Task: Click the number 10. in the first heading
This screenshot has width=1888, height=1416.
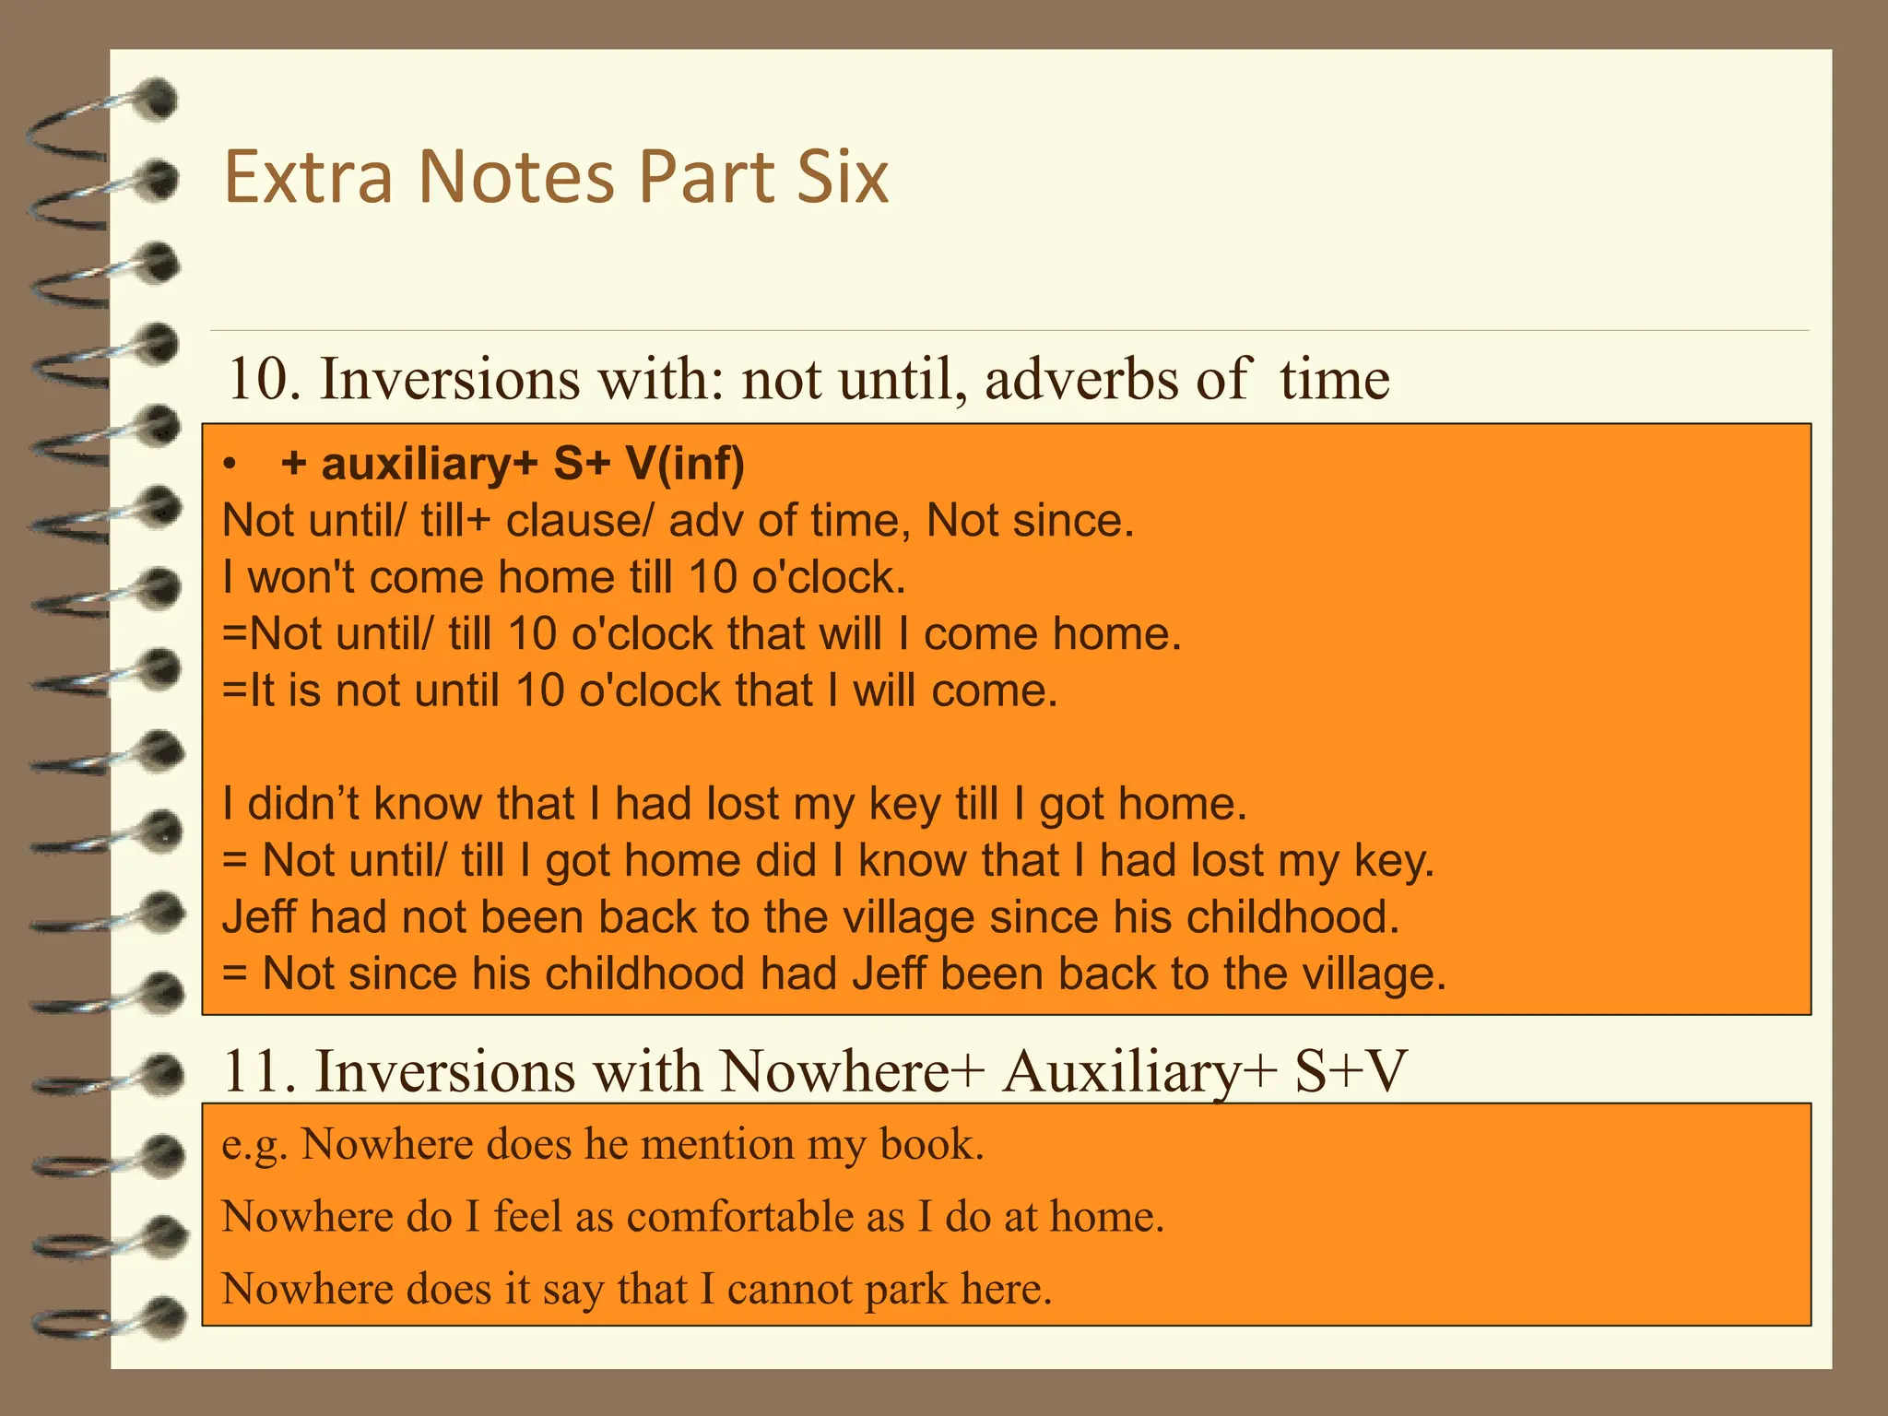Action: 264,379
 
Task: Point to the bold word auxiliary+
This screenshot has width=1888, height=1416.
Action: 429,464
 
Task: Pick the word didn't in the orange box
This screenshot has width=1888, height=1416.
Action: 303,804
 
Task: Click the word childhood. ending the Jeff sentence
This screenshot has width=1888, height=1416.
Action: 1292,917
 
